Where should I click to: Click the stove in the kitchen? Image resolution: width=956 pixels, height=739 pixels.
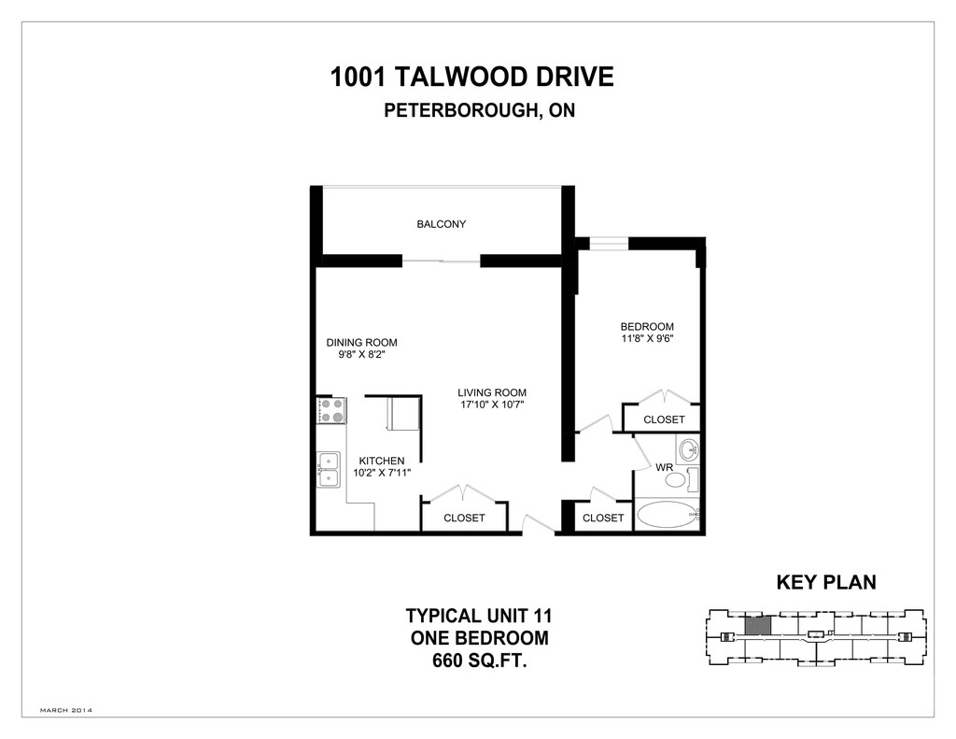click(x=331, y=411)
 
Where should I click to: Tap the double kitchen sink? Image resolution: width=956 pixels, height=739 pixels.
click(x=328, y=470)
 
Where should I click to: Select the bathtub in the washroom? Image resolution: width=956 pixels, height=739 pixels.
click(x=667, y=515)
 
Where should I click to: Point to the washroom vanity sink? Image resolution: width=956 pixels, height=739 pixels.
click(x=689, y=449)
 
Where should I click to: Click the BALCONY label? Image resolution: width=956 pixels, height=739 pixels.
click(x=442, y=224)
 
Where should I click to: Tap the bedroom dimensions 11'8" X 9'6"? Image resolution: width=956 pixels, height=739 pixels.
click(x=647, y=338)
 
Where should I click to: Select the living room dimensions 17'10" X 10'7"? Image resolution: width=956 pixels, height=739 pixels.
click(x=492, y=405)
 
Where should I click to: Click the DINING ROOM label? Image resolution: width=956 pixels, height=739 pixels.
click(x=361, y=342)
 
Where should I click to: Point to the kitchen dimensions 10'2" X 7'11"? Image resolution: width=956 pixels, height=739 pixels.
click(x=382, y=473)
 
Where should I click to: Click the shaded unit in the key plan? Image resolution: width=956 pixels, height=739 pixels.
click(x=758, y=626)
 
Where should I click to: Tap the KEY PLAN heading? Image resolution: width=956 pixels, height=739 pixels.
click(x=826, y=582)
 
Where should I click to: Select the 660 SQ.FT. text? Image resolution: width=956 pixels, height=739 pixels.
click(x=480, y=661)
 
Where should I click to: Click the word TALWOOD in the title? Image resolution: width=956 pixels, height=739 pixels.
click(x=461, y=78)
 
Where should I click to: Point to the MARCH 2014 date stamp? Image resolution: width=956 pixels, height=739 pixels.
click(x=66, y=710)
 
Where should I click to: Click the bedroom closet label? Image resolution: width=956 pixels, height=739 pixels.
click(x=664, y=419)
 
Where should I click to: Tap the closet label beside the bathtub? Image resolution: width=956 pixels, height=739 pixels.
click(x=603, y=518)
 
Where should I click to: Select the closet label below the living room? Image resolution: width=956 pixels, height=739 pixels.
click(x=464, y=518)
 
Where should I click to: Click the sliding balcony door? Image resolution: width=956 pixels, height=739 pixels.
click(x=442, y=262)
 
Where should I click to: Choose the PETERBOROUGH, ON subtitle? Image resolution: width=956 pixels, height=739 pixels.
click(x=479, y=110)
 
